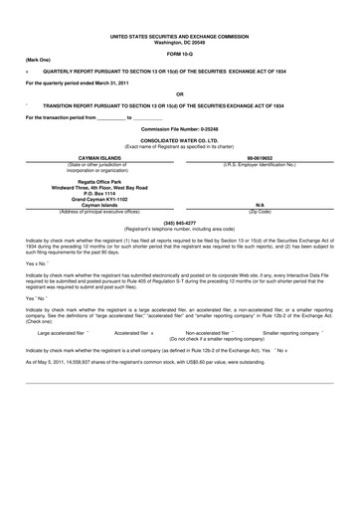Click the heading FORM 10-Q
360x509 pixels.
tap(180, 54)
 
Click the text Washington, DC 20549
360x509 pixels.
tap(180, 43)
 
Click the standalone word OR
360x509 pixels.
tap(180, 95)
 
